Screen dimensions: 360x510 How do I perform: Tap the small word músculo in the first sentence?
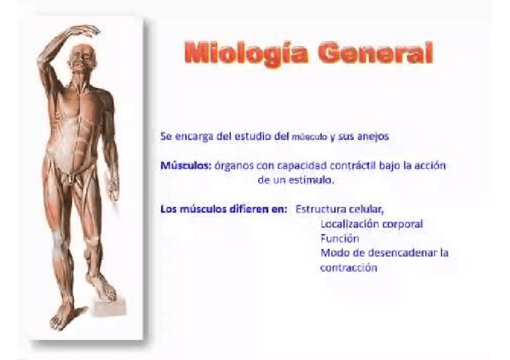pyautogui.click(x=309, y=137)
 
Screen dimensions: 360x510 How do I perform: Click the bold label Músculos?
pyautogui.click(x=186, y=165)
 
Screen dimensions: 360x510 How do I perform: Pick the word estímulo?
pyautogui.click(x=310, y=180)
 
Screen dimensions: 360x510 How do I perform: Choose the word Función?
pyautogui.click(x=340, y=238)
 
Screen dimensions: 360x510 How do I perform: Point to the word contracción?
pyautogui.click(x=348, y=267)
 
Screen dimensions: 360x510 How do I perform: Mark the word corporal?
pyautogui.click(x=401, y=224)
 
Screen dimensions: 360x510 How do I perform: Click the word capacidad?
pyautogui.click(x=284, y=165)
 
